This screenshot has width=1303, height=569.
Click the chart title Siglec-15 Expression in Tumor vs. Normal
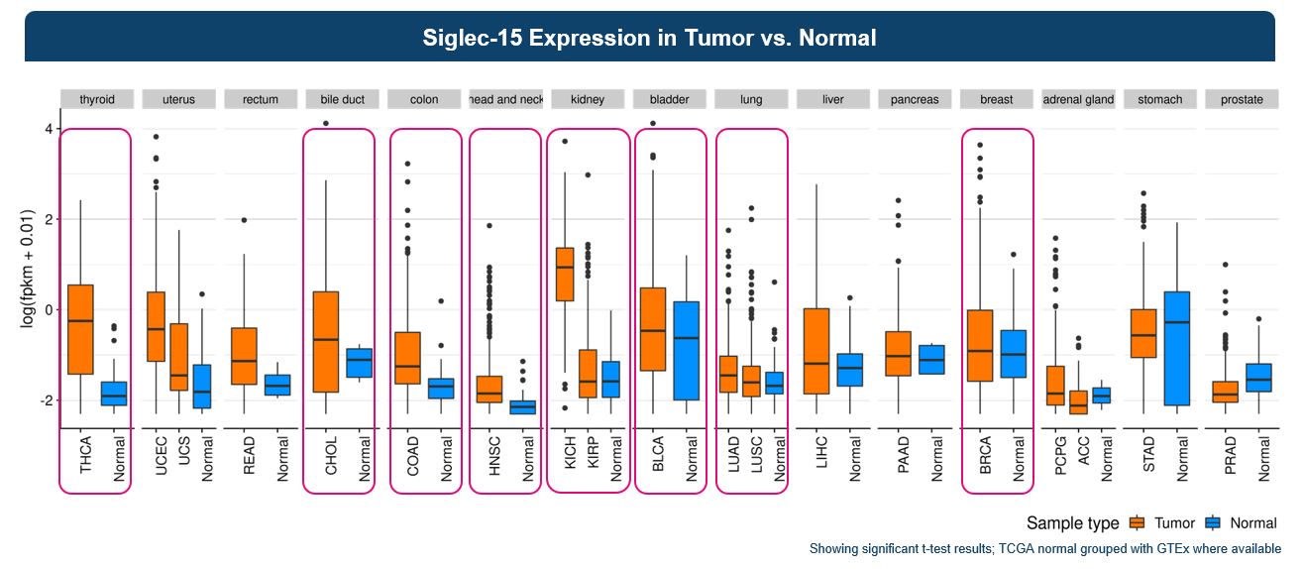click(x=649, y=38)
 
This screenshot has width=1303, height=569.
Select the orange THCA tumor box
click(x=80, y=329)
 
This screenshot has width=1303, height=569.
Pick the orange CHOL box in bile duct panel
click(x=325, y=342)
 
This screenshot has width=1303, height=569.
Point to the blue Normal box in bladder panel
click(x=686, y=351)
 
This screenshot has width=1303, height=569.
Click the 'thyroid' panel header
click(x=97, y=99)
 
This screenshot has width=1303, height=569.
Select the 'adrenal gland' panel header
click(x=1078, y=99)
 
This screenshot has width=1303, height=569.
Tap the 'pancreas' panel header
click(x=915, y=99)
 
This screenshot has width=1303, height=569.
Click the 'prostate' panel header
click(x=1242, y=99)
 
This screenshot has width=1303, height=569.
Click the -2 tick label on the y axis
click(x=44, y=400)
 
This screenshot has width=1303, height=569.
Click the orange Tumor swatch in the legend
click(x=1138, y=523)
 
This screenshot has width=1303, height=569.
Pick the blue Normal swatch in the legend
click(x=1212, y=523)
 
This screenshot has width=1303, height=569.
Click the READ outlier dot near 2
click(x=244, y=220)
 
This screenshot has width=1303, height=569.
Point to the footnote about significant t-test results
click(x=1044, y=548)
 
